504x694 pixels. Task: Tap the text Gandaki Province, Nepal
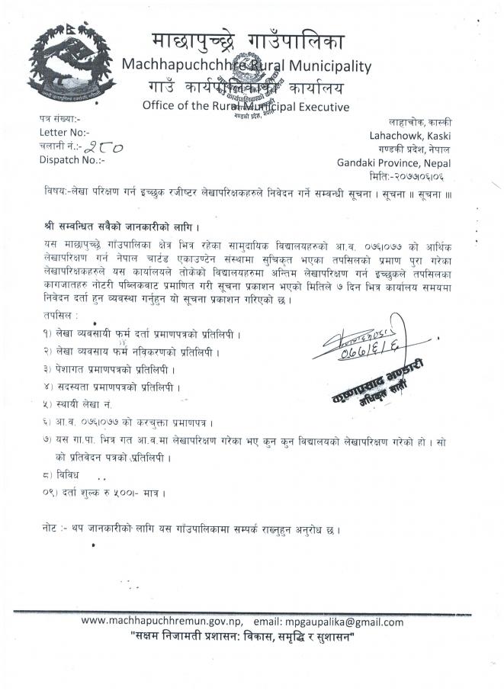[x=393, y=162]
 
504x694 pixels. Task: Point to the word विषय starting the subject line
[x=55, y=192]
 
